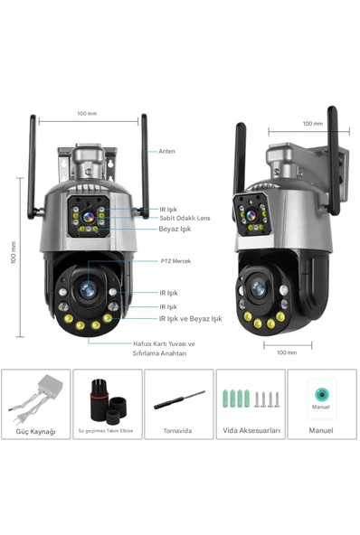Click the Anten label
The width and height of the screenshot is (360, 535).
166,151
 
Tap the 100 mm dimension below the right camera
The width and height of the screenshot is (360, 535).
287,352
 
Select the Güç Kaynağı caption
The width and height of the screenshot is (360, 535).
35,431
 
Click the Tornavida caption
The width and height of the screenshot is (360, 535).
177,431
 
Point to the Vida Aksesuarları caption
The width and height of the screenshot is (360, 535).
250,431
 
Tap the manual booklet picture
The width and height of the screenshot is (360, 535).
320,398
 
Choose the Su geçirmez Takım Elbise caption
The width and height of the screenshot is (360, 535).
107,431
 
